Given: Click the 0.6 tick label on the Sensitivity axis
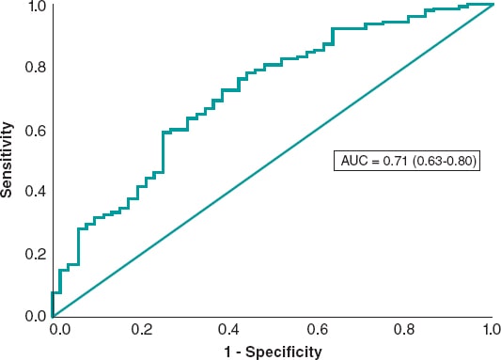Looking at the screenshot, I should pyautogui.click(x=35, y=130).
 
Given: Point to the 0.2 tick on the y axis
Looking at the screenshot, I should pyautogui.click(x=35, y=254).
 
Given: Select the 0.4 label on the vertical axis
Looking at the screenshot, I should pyautogui.click(x=35, y=192).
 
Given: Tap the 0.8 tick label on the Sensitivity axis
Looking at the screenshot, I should pyautogui.click(x=35, y=68).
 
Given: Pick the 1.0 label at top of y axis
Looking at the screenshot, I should pyautogui.click(x=35, y=8).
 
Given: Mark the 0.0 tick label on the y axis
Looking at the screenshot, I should pyautogui.click(x=35, y=316).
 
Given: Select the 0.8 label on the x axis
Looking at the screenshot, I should pyautogui.click(x=404, y=331).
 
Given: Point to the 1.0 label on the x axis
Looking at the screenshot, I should pyautogui.click(x=490, y=331).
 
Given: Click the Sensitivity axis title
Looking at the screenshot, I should pyautogui.click(x=8, y=159).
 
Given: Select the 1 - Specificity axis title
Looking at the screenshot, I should pyautogui.click(x=274, y=352).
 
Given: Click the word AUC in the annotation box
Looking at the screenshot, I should pyautogui.click(x=353, y=162).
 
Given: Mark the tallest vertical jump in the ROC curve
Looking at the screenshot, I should pyautogui.click(x=164, y=152).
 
